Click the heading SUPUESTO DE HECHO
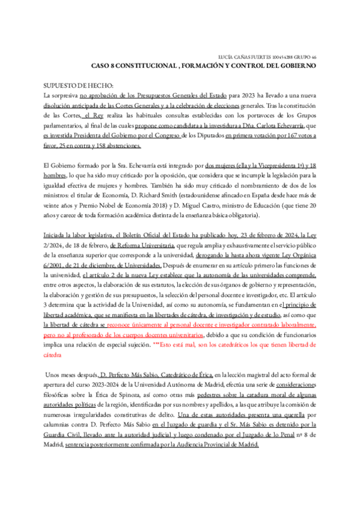(x=79, y=85)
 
